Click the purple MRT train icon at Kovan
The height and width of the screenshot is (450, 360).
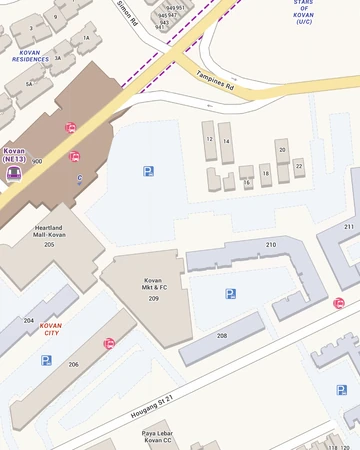(x=13, y=171)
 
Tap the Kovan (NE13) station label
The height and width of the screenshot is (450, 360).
(x=14, y=154)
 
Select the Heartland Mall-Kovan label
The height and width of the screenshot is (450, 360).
(x=49, y=231)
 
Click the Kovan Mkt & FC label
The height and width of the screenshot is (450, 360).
(x=153, y=285)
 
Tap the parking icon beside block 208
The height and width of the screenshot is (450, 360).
(x=231, y=294)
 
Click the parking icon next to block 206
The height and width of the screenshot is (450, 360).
(x=46, y=360)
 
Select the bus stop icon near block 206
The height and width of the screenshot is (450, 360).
(x=109, y=344)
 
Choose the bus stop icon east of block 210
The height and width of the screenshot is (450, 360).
(x=339, y=303)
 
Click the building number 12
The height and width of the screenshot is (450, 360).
(x=210, y=140)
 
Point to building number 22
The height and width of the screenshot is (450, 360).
(x=298, y=164)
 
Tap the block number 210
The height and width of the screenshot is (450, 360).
(x=270, y=245)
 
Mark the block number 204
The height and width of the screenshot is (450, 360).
(x=29, y=320)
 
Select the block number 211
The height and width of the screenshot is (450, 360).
(x=349, y=228)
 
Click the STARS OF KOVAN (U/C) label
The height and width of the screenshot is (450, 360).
(x=303, y=12)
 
